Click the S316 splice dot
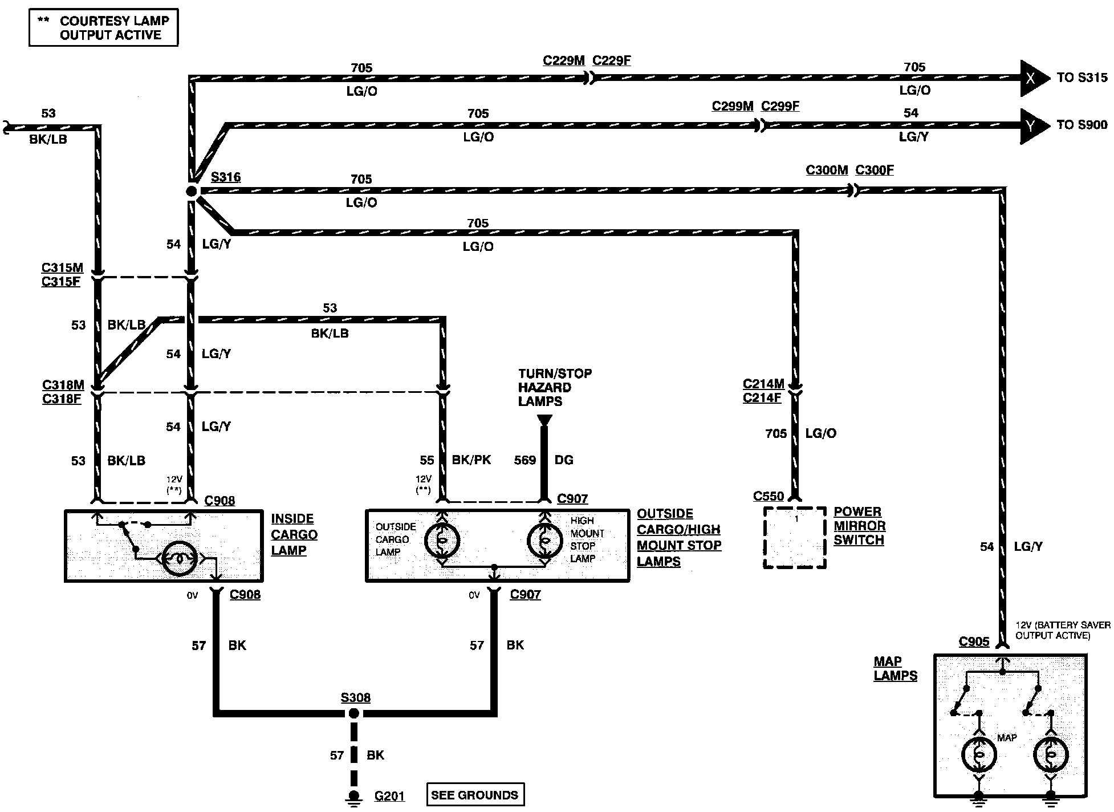(192, 191)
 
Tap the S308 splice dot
(354, 713)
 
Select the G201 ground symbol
(354, 798)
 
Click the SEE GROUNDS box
(475, 795)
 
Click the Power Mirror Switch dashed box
(795, 538)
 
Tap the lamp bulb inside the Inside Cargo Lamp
(180, 559)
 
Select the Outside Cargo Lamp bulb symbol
(442, 540)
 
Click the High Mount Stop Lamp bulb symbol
(545, 540)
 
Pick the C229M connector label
(564, 60)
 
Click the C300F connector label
(875, 170)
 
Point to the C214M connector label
(763, 384)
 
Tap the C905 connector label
(974, 642)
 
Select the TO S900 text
(1082, 125)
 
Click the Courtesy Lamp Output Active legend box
(104, 27)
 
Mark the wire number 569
(525, 460)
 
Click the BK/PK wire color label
(471, 460)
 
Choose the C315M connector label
(62, 267)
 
